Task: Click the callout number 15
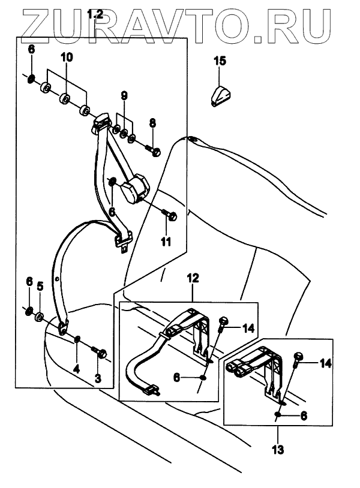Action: point(219,60)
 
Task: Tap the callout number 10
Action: point(66,58)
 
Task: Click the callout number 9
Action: point(124,95)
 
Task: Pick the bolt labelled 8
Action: point(154,152)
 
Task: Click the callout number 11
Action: point(166,242)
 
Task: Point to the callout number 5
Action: point(41,287)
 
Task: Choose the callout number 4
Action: point(76,367)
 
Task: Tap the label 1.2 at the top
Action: point(95,14)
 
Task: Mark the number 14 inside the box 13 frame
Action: point(325,363)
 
